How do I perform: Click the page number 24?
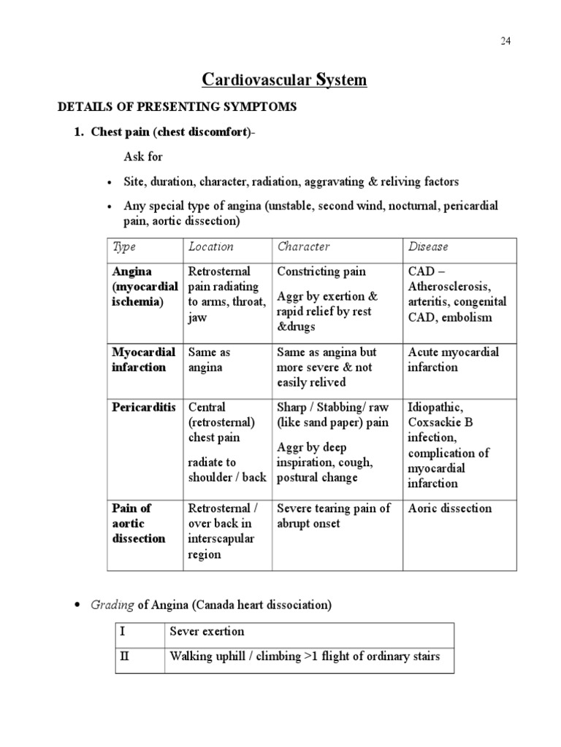point(505,41)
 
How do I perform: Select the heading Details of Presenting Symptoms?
point(178,107)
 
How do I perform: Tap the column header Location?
point(211,247)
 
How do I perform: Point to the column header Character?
point(304,247)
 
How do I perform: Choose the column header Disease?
point(428,247)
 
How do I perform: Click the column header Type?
point(124,247)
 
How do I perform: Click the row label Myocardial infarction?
point(143,360)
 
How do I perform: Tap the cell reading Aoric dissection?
point(449,508)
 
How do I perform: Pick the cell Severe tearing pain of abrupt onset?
point(334,516)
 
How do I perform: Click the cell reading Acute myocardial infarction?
point(453,360)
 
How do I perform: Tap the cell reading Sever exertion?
point(207,631)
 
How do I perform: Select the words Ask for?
point(143,157)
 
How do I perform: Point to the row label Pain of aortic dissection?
point(139,523)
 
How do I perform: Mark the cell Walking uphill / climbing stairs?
point(305,656)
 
